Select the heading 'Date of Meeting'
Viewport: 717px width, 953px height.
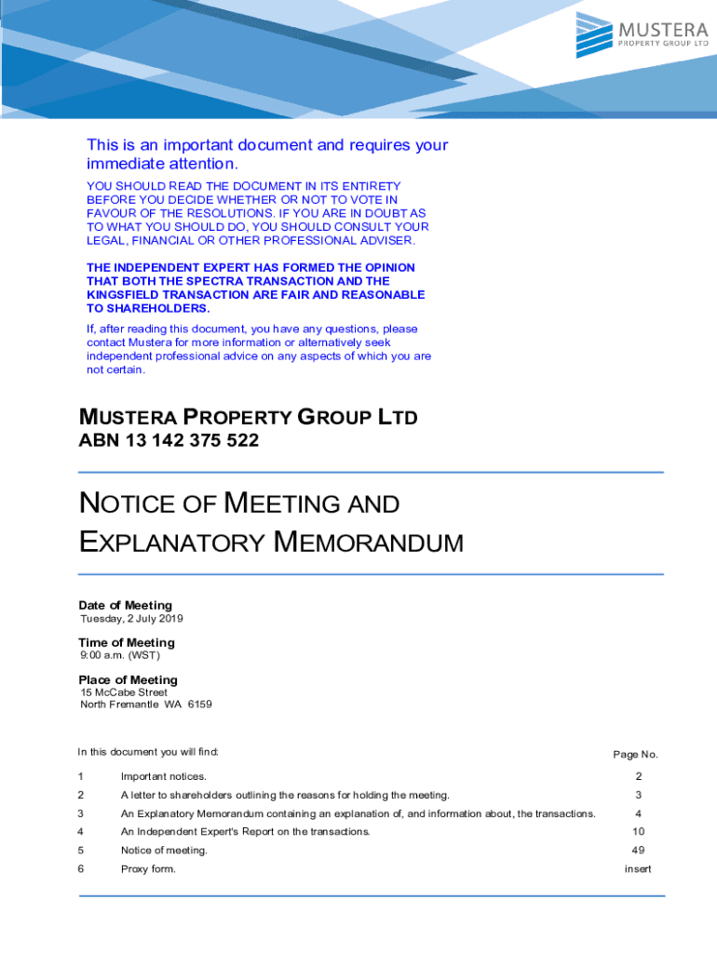pyautogui.click(x=125, y=606)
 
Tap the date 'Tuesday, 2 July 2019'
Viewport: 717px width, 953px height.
pyautogui.click(x=131, y=620)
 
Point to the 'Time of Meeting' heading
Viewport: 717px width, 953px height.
pyautogui.click(x=126, y=643)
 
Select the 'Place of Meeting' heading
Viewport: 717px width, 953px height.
pyautogui.click(x=128, y=680)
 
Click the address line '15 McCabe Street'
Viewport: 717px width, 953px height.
pyautogui.click(x=124, y=692)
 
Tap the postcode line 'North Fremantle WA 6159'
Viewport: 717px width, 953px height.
pyautogui.click(x=146, y=705)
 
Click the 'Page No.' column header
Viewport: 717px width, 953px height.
pyautogui.click(x=635, y=755)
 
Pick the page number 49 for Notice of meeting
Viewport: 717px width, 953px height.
pyautogui.click(x=638, y=851)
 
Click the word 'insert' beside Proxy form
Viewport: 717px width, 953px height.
pyautogui.click(x=638, y=869)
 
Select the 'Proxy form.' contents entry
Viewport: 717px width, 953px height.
pyautogui.click(x=148, y=869)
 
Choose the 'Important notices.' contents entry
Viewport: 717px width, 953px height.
pyautogui.click(x=164, y=777)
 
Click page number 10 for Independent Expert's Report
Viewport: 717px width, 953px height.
pyautogui.click(x=638, y=832)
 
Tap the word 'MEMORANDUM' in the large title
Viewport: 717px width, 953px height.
pyautogui.click(x=370, y=543)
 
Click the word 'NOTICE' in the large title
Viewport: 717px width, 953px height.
pyautogui.click(x=128, y=504)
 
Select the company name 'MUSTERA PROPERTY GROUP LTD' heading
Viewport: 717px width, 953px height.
pyautogui.click(x=248, y=417)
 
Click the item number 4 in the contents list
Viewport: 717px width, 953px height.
pyautogui.click(x=81, y=832)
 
